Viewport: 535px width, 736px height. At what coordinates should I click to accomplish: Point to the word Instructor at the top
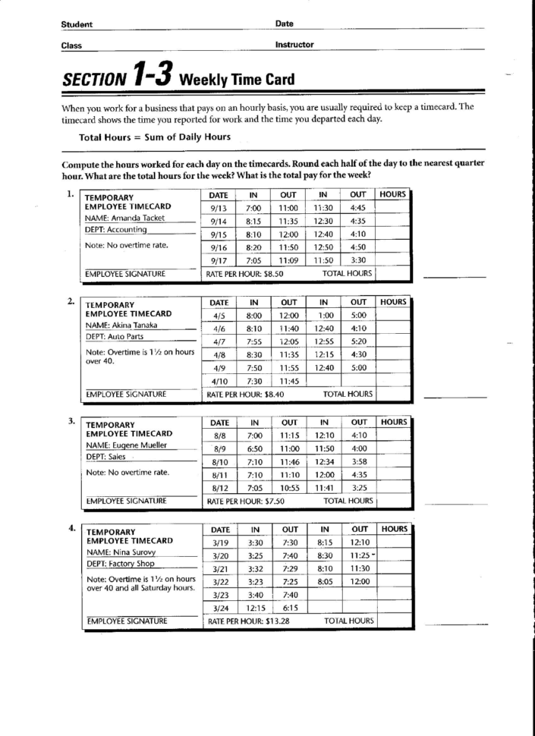pos(295,45)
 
